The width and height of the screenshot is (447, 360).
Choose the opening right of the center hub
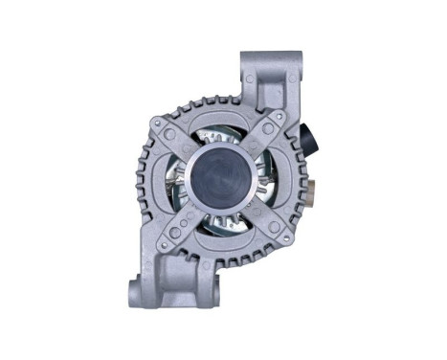point(268,178)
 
